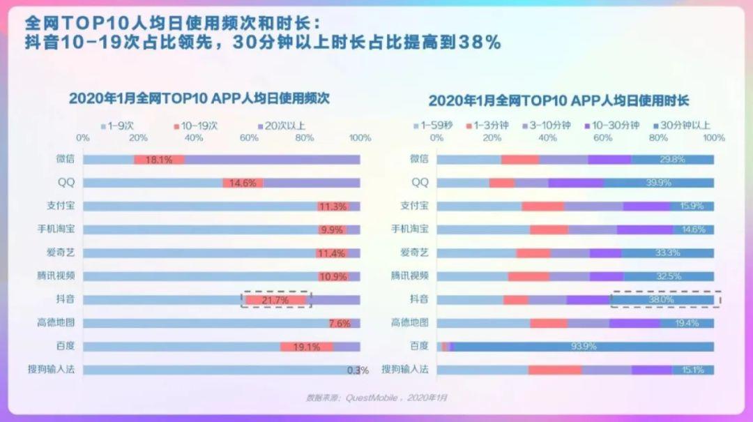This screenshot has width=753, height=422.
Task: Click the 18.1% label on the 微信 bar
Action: (159, 160)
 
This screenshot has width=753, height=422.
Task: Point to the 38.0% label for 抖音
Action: (662, 300)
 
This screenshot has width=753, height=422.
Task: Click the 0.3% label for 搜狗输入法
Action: (358, 370)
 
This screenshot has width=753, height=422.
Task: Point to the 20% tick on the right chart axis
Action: (492, 138)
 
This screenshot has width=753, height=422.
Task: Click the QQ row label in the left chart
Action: (66, 183)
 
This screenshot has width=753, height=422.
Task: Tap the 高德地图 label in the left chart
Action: (56, 323)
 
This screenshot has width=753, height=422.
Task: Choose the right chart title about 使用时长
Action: (558, 100)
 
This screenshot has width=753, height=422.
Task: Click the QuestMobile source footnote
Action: (376, 398)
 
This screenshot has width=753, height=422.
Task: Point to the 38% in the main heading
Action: (479, 43)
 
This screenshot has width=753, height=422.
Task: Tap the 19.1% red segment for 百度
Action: (307, 347)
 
